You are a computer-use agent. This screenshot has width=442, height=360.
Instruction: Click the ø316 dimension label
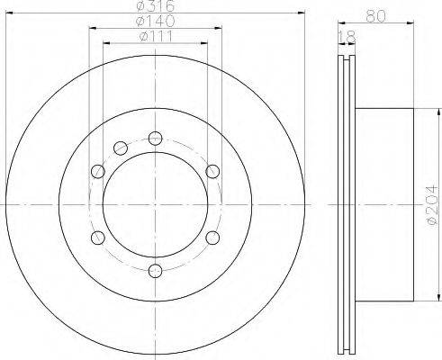click(155, 5)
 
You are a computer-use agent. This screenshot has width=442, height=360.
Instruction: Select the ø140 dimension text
click(155, 21)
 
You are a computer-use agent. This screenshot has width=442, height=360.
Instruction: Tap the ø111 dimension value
click(157, 37)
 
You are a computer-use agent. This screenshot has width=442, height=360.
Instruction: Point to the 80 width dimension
click(375, 15)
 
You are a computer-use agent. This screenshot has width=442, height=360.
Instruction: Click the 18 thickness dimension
click(347, 37)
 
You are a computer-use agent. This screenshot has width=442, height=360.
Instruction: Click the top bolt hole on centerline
click(156, 139)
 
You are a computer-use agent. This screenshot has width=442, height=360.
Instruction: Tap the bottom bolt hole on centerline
click(156, 271)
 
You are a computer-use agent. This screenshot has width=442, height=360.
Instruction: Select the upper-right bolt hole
click(212, 171)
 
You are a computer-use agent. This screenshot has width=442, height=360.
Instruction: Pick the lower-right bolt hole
click(212, 238)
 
